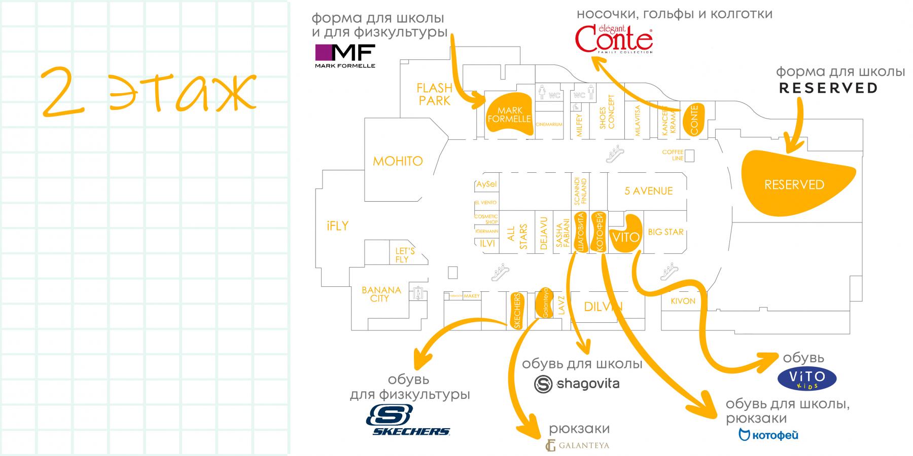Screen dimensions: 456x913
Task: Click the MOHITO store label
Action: [398, 161]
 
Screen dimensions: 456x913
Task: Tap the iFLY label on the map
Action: [338, 226]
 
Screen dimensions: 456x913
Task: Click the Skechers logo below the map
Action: [408, 421]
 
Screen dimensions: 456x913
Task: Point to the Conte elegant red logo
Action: [614, 40]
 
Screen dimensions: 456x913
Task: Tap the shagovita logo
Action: [577, 384]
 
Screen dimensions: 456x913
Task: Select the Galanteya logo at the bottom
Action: [577, 445]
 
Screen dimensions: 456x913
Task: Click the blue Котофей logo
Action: [768, 435]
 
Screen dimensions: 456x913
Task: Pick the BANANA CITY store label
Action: [381, 294]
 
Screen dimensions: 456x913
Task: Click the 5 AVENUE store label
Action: [648, 191]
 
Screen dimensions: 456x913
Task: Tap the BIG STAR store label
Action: [665, 232]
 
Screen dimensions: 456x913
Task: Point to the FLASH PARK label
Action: [434, 94]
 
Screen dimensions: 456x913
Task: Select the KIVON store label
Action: [683, 301]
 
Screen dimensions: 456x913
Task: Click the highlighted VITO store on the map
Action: [626, 235]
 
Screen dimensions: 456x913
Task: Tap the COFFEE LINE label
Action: [673, 155]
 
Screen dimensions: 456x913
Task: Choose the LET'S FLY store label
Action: [405, 255]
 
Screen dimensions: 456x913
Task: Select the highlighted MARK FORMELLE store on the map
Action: [509, 115]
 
